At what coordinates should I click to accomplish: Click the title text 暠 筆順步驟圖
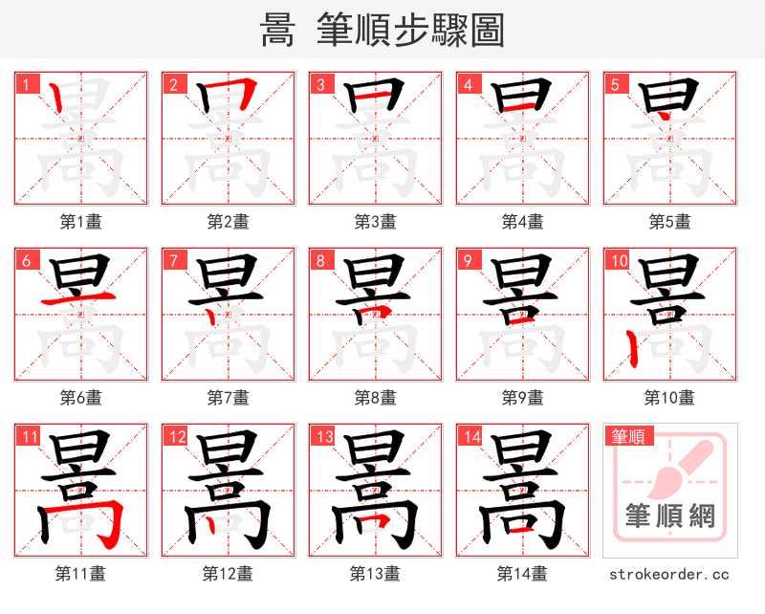[382, 31]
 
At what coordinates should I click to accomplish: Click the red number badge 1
[26, 84]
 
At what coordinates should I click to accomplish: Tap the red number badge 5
[615, 84]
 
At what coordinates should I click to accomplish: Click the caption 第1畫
[81, 222]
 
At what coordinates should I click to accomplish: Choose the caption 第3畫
[376, 222]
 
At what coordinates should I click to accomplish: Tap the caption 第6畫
[81, 397]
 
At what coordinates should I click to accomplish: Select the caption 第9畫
[523, 397]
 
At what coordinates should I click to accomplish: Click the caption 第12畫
[228, 574]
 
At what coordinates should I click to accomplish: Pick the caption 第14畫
[522, 574]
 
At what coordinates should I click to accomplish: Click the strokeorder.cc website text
[669, 575]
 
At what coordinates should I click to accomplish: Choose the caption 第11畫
[81, 574]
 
